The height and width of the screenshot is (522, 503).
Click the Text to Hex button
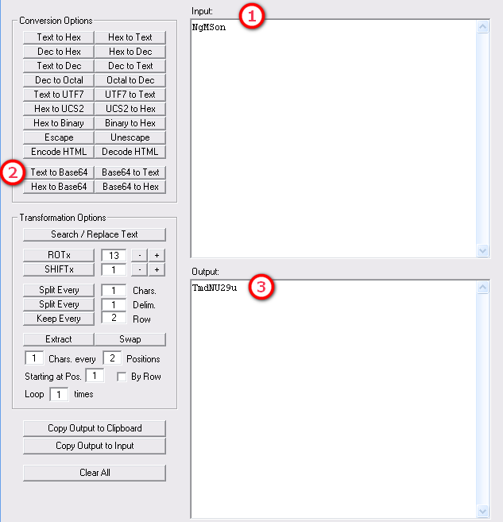pyautogui.click(x=59, y=37)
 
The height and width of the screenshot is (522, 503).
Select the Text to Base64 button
pyautogui.click(x=59, y=172)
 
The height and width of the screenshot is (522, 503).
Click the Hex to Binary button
pyautogui.click(x=59, y=123)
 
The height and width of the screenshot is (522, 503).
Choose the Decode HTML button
pyautogui.click(x=130, y=152)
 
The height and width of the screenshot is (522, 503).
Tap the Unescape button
pyautogui.click(x=130, y=137)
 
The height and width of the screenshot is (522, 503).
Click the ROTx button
pyautogui.click(x=59, y=255)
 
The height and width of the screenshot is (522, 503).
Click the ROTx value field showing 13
pyautogui.click(x=114, y=255)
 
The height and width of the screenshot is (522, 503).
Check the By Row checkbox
pyautogui.click(x=122, y=377)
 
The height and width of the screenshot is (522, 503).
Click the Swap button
pyautogui.click(x=130, y=339)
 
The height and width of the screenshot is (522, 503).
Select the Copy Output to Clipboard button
pyautogui.click(x=95, y=428)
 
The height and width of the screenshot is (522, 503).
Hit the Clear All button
pyautogui.click(x=95, y=473)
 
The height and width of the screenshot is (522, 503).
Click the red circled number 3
pyautogui.click(x=261, y=287)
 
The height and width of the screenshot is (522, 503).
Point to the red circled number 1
pyautogui.click(x=252, y=17)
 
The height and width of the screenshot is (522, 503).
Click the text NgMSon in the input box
pyautogui.click(x=209, y=27)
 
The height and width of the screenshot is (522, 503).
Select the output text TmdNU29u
pyautogui.click(x=215, y=288)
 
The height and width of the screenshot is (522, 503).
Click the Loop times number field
pyautogui.click(x=59, y=395)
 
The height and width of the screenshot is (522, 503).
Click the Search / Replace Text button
pyautogui.click(x=95, y=234)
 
